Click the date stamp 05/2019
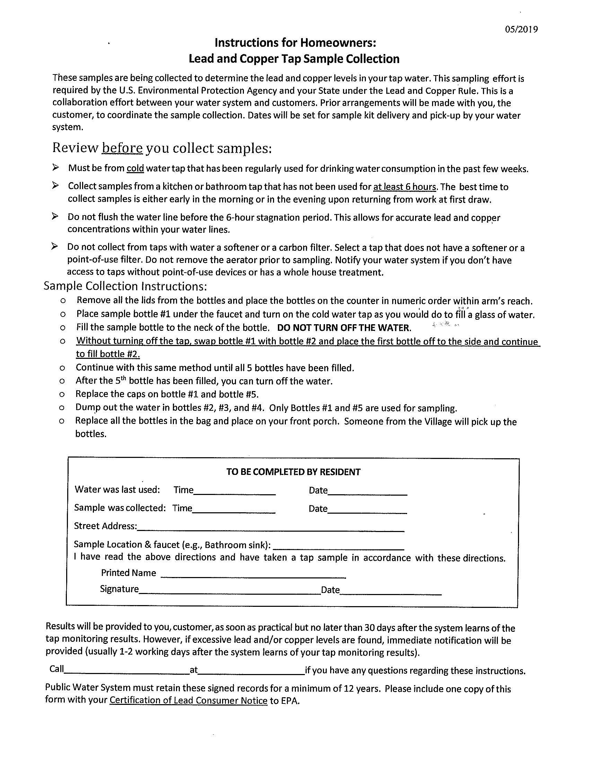522,29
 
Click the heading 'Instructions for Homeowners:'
295,43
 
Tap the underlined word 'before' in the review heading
122,148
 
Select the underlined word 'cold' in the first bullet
135,169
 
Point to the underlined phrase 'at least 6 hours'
405,187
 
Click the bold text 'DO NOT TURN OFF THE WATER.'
344,328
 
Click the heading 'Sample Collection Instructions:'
125,286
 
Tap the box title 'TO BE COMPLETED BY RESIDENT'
293,472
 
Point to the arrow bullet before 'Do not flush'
55,216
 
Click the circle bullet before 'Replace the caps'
62,395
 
